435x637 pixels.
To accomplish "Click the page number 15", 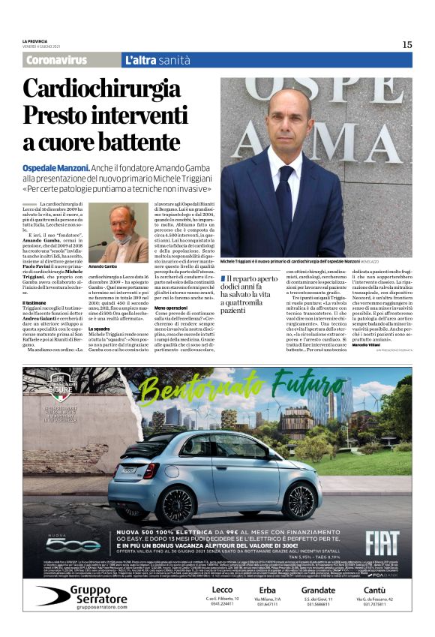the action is [406, 44].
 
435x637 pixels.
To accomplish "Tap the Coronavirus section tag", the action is [56, 60].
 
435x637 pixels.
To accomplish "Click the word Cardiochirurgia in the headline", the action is [109, 89].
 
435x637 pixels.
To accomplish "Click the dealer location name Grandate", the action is [319, 590].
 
